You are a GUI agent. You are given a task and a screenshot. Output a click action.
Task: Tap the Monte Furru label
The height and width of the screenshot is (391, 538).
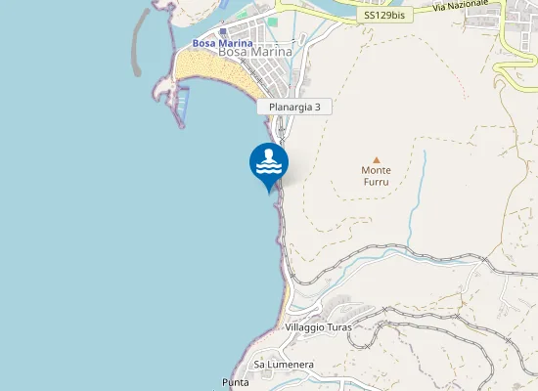(x=376, y=175)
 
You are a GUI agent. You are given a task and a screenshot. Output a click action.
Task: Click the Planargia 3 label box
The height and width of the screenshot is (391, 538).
(x=294, y=108)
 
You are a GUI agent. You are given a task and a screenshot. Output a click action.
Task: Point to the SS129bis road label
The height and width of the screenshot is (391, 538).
(x=382, y=16)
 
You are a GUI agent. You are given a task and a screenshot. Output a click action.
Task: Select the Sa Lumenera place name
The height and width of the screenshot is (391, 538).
(x=284, y=364)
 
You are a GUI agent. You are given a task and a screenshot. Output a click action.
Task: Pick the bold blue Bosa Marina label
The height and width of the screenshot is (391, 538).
(x=222, y=43)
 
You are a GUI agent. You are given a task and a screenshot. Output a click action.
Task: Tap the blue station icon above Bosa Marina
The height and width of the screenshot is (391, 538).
(x=223, y=31)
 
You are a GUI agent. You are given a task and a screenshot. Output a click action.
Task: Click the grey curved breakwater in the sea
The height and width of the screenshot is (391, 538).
(x=142, y=39)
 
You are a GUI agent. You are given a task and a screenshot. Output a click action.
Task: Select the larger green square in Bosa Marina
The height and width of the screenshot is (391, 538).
(x=273, y=21)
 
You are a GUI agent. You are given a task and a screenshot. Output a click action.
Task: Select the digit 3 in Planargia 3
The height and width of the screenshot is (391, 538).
(x=318, y=108)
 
